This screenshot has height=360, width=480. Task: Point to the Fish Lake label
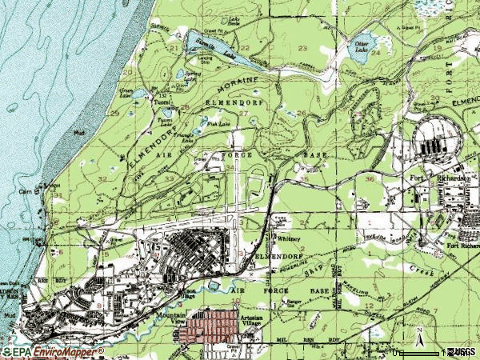click(x=218, y=124)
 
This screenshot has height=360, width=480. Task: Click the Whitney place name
click(x=286, y=238)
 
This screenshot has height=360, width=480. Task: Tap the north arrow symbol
click(x=418, y=334)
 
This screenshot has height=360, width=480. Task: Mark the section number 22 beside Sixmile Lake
click(x=245, y=49)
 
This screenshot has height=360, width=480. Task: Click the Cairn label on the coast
click(x=25, y=190)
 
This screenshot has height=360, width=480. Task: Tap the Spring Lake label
click(x=190, y=76)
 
